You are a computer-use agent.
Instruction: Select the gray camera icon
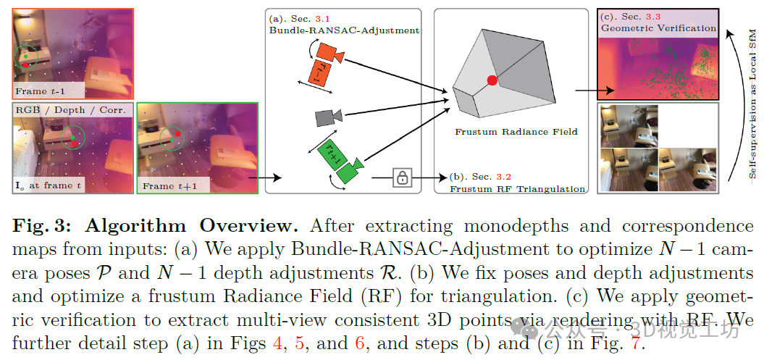click(327, 117)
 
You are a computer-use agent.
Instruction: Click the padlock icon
click(402, 177)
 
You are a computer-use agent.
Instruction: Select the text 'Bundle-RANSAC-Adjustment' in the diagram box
click(344, 30)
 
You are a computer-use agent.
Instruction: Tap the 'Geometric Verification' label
click(658, 28)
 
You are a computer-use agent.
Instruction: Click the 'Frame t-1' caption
click(41, 91)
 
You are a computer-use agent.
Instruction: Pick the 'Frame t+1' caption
click(169, 186)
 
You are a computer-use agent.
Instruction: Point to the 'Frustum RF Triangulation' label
click(517, 189)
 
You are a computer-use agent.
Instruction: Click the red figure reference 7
click(635, 343)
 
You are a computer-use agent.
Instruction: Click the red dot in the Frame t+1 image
click(176, 133)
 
